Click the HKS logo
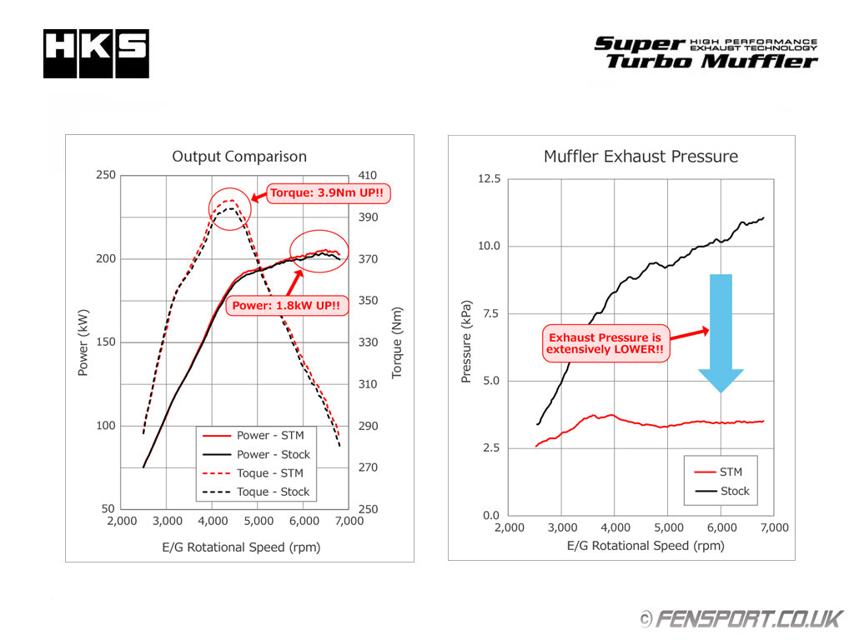(x=96, y=54)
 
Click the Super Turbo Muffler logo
(x=706, y=52)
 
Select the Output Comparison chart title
(x=239, y=157)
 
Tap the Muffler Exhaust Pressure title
(x=640, y=157)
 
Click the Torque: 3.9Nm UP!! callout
(x=329, y=194)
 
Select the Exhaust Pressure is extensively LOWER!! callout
(x=605, y=343)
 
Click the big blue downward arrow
(x=721, y=333)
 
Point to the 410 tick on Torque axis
(x=368, y=175)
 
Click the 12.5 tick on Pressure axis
(x=489, y=178)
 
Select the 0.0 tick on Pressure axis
(x=491, y=515)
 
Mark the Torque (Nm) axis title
(x=397, y=342)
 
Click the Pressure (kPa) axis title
(x=466, y=342)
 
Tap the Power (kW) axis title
(x=83, y=342)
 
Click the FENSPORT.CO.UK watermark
(x=741, y=618)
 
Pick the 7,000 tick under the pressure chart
(x=774, y=528)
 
